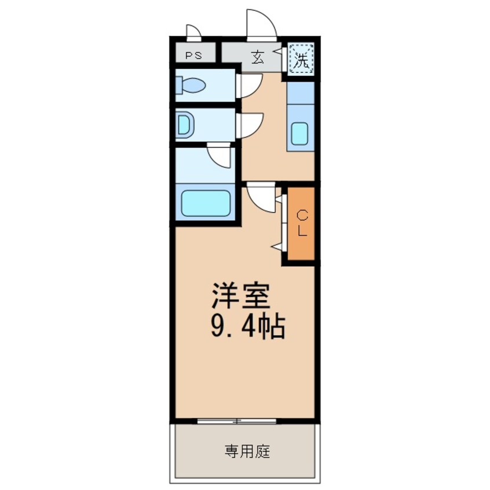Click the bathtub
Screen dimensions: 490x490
pos(206,203)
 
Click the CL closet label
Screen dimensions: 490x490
pos(302,223)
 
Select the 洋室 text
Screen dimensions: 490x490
pos(240,298)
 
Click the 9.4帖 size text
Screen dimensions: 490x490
pos(246,328)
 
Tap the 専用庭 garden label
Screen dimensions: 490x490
pos(247,451)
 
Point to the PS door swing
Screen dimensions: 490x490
pos(193,31)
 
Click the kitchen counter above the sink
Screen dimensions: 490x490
pos(301,96)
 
